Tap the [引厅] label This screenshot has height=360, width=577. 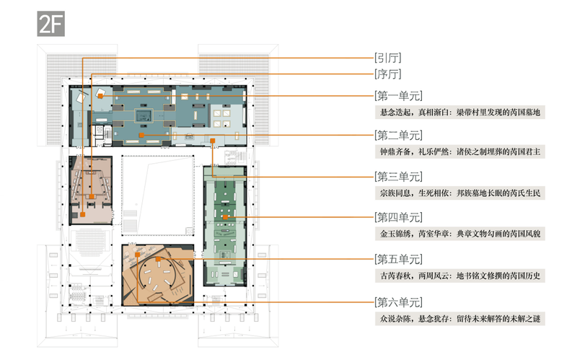pos(388,58)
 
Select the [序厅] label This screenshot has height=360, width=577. pos(388,74)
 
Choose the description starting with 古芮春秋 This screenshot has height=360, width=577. pos(455,275)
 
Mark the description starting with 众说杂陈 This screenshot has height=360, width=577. pos(455,317)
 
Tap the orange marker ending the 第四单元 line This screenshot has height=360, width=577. pos(226,216)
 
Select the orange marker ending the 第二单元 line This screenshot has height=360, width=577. pos(142,135)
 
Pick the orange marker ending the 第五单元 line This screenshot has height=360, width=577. pos(157,258)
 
